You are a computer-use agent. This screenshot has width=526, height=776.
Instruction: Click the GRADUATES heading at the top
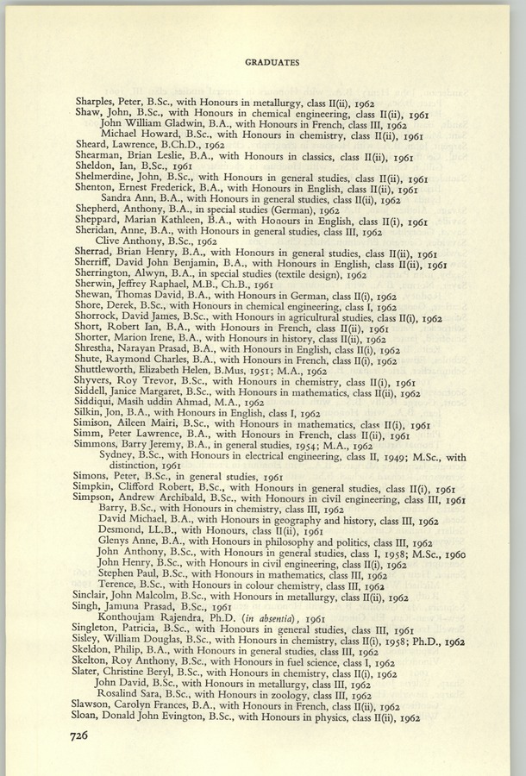tap(272, 62)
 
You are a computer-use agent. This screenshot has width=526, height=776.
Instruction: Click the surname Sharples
tap(98, 101)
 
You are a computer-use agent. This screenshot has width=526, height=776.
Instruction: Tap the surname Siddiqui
tap(97, 403)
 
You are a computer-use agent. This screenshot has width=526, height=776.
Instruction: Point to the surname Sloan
tap(91, 717)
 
